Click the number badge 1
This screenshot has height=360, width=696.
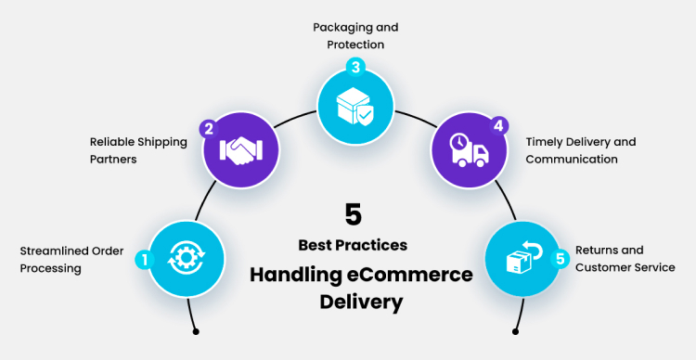tap(143, 259)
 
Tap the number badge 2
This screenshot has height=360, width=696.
tap(210, 128)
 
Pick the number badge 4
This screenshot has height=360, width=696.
tap(498, 125)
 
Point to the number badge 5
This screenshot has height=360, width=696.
tap(560, 259)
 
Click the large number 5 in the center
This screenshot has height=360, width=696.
tap(353, 215)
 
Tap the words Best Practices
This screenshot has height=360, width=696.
tap(353, 246)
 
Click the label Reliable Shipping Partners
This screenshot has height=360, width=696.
tap(138, 150)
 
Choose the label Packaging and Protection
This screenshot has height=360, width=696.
tap(348, 35)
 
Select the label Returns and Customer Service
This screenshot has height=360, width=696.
tap(625, 259)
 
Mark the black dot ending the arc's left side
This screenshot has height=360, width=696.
tap(196, 330)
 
